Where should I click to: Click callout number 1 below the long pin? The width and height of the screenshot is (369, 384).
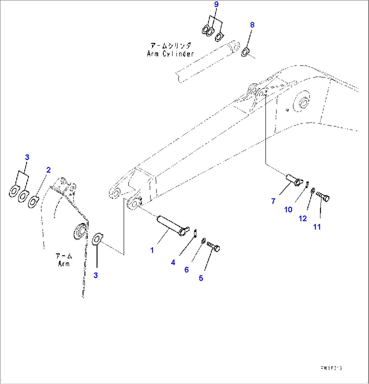point(152,250)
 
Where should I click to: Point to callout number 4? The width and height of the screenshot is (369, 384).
point(173,262)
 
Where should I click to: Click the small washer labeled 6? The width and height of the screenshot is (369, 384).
point(202,241)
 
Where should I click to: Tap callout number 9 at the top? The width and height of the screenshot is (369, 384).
point(216,5)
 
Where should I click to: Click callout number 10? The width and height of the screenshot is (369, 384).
point(288,210)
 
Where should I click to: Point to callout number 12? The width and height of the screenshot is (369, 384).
point(302,218)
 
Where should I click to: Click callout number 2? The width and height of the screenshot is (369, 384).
point(48,170)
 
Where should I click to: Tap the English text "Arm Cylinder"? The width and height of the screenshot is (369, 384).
point(170,54)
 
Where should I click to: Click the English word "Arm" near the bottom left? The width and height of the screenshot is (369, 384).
point(63,263)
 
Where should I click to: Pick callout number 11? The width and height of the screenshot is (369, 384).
point(317,227)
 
